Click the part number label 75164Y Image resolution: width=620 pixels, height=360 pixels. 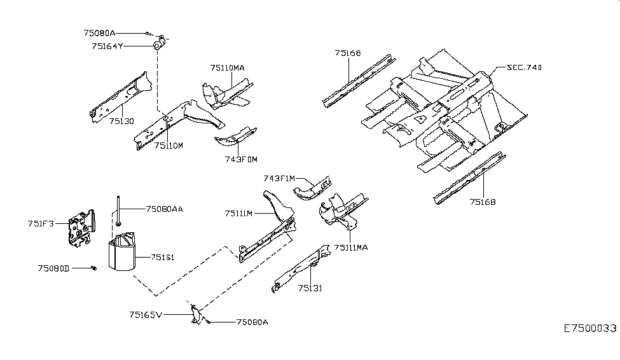tap(107, 46)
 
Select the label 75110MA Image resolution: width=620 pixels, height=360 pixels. tap(228, 67)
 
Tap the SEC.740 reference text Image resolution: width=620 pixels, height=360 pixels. tap(525, 67)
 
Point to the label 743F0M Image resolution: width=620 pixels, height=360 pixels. tap(241, 160)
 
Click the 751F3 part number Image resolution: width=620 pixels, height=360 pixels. tap(41, 223)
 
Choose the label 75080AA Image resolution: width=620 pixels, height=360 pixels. tap(165, 209)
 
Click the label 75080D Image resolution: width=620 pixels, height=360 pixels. tap(53, 268)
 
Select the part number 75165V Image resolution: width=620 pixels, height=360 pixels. tap(146, 315)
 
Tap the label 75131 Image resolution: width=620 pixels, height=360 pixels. tap(310, 288)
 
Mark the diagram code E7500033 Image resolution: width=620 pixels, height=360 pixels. tap(590, 328)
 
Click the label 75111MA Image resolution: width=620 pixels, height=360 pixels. tap(351, 247)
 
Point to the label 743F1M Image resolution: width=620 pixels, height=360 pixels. tap(279, 179)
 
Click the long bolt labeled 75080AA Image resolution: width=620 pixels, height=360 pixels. tap(118, 211)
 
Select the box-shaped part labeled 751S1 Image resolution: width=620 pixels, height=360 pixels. tap(122, 252)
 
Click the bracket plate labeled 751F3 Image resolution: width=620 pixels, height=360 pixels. tap(81, 229)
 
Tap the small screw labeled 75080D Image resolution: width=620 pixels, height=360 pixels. tap(93, 268)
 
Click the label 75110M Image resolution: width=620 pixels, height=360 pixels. tap(169, 146)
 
